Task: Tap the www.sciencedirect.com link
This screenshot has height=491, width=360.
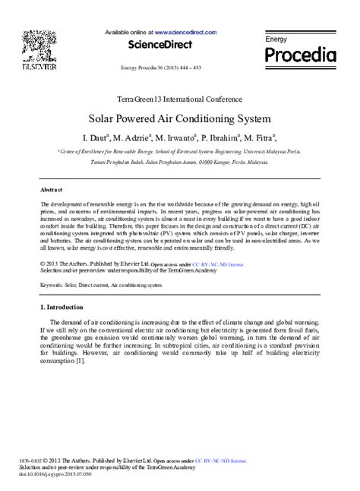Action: point(185,33)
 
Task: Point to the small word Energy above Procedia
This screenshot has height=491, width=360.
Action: point(275,38)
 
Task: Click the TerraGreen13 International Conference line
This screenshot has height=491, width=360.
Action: point(180,99)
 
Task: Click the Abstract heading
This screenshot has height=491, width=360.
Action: point(51,190)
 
